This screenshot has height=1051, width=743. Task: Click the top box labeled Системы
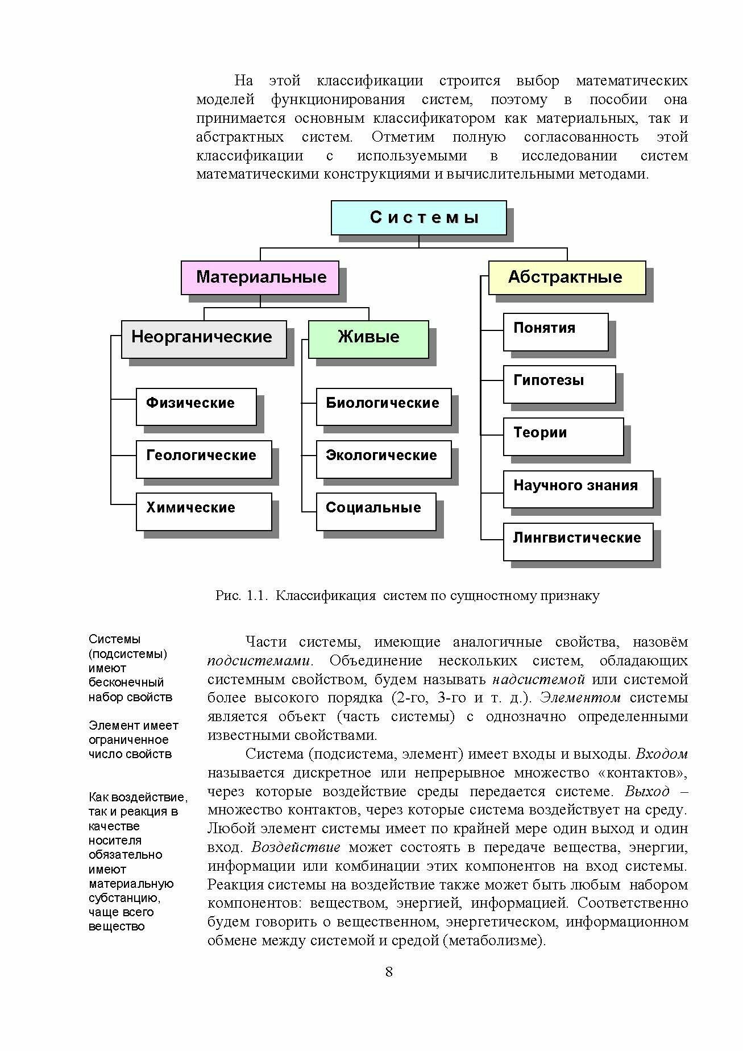point(418,217)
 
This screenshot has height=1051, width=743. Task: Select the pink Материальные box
point(260,278)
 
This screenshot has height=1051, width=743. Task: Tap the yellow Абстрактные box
point(567,278)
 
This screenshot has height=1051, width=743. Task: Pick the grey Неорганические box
point(204,339)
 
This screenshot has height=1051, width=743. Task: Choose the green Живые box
point(368,339)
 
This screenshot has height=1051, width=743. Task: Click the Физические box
point(196,406)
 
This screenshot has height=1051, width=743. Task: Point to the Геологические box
point(204,458)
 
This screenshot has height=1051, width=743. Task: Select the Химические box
point(204,511)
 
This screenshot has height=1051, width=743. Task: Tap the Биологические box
point(383,406)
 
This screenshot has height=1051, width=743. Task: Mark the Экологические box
point(383,458)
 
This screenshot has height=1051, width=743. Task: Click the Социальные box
point(376,511)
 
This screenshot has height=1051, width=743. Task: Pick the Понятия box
point(555,331)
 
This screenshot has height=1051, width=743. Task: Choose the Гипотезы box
point(559,383)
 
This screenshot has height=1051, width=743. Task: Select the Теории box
point(563,436)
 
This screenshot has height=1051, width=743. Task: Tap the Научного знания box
point(578,488)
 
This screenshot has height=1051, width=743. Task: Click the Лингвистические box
point(578,540)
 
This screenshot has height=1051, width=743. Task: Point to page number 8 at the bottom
point(389,971)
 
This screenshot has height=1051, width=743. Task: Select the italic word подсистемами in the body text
point(259,661)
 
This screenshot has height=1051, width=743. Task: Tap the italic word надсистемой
point(538,680)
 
